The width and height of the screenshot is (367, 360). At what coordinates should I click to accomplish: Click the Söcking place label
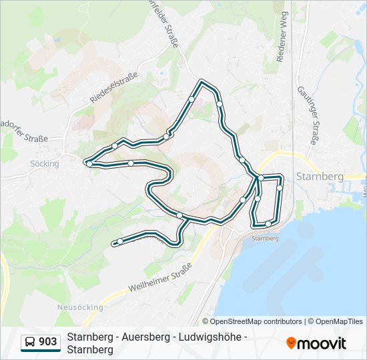click(45, 163)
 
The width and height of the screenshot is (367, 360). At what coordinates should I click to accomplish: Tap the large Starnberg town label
click(319, 177)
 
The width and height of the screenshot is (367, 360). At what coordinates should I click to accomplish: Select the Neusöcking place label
click(79, 307)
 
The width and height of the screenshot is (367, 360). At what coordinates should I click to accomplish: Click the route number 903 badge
click(47, 342)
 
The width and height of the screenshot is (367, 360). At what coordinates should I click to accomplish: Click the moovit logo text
click(322, 343)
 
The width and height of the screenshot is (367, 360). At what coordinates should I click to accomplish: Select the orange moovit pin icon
click(291, 343)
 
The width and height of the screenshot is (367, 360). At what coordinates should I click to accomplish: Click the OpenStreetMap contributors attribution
click(256, 321)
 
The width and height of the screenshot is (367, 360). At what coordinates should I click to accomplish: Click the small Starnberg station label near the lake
click(264, 238)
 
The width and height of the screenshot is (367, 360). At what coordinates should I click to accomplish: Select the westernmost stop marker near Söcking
click(89, 163)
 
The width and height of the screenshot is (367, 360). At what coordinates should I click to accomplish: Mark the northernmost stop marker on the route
click(192, 99)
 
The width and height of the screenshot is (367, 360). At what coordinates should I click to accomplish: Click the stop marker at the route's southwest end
click(120, 242)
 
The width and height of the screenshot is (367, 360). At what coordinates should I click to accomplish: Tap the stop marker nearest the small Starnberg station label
click(268, 224)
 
